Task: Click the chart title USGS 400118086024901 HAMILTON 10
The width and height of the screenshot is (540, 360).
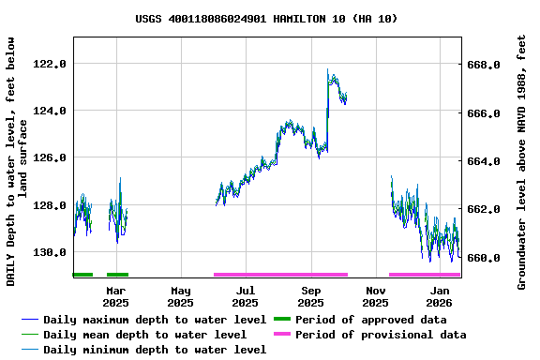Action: [266, 18]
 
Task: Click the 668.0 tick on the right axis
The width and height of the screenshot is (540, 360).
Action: [484, 65]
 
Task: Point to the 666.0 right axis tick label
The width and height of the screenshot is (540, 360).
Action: [484, 113]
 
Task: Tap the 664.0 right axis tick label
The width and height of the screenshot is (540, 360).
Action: [484, 161]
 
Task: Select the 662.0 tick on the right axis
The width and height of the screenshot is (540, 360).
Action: [484, 209]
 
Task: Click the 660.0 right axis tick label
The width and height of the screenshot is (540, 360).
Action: [484, 258]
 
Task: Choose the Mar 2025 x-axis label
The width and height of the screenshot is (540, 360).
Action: [115, 296]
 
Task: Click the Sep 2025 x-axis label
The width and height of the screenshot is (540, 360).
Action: [310, 296]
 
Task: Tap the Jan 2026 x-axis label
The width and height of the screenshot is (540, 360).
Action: [440, 296]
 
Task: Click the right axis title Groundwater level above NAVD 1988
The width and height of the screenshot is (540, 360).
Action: [522, 161]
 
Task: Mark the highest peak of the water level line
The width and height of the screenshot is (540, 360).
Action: [328, 70]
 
